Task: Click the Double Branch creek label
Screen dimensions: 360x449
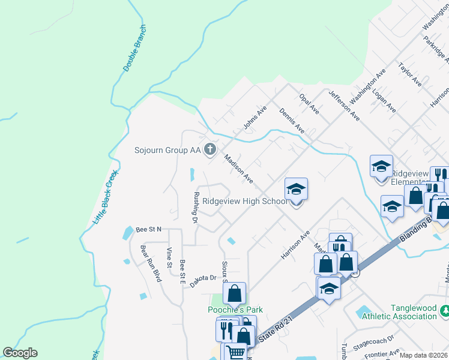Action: click(x=135, y=48)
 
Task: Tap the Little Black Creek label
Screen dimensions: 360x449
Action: click(x=106, y=197)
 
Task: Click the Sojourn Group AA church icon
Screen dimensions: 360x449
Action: click(x=210, y=149)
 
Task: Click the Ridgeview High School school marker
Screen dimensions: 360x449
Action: click(x=296, y=190)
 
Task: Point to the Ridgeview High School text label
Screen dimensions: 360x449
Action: click(x=244, y=202)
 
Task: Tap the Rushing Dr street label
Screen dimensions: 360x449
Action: click(x=195, y=208)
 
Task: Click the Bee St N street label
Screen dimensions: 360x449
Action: click(x=149, y=229)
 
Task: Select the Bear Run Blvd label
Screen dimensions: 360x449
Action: click(x=151, y=263)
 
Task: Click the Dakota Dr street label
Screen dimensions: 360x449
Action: click(x=203, y=278)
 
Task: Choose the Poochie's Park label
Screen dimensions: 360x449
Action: click(x=235, y=310)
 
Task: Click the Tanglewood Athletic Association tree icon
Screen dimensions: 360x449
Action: click(x=445, y=311)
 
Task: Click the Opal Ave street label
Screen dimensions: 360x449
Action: click(x=309, y=103)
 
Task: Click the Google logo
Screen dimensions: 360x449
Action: click(x=20, y=353)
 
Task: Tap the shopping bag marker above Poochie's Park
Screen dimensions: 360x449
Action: click(x=235, y=293)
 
